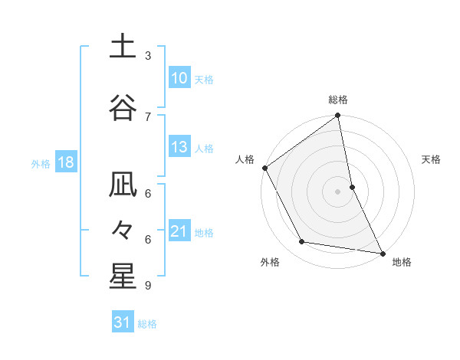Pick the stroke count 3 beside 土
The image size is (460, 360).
pyautogui.click(x=148, y=56)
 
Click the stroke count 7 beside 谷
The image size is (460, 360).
pyautogui.click(x=148, y=116)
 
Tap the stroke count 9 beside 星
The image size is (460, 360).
pyautogui.click(x=148, y=286)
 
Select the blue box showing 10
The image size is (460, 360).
pyautogui.click(x=179, y=78)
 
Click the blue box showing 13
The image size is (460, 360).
pyautogui.click(x=179, y=147)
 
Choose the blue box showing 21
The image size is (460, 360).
pyautogui.click(x=179, y=231)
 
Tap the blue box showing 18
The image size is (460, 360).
pyautogui.click(x=65, y=162)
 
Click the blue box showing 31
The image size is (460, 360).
pyautogui.click(x=123, y=322)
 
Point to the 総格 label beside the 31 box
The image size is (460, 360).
pyautogui.click(x=147, y=324)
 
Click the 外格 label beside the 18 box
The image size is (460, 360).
pyautogui.click(x=41, y=163)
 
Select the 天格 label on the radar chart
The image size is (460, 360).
pyautogui.click(x=431, y=159)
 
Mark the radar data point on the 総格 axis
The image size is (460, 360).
pyautogui.click(x=338, y=116)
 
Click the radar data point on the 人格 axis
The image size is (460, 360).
pyautogui.click(x=265, y=168)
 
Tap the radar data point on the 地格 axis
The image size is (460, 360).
pyautogui.click(x=382, y=252)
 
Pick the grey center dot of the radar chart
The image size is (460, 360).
pyautogui.click(x=338, y=191)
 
